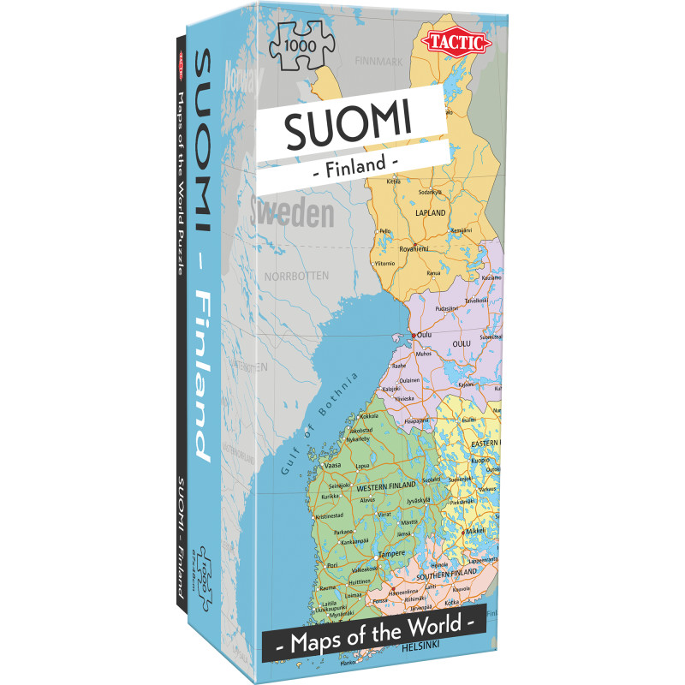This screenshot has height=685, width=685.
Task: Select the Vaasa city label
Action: [332, 465]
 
